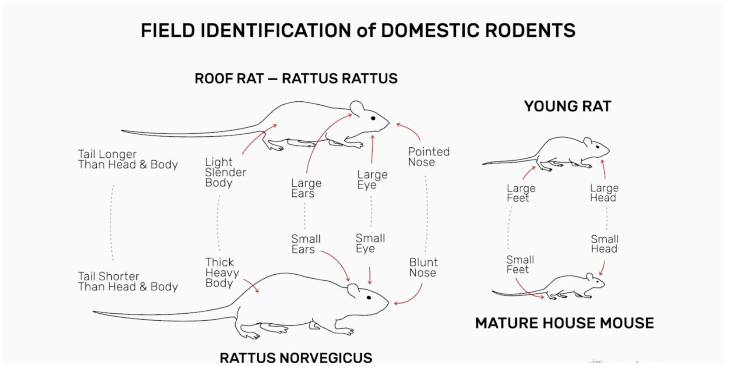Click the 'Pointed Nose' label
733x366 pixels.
pos(429,157)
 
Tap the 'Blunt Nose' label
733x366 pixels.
pos(423,268)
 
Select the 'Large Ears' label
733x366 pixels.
pos(306,188)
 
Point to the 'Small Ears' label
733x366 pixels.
pos(306,244)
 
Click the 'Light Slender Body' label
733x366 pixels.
pos(225,172)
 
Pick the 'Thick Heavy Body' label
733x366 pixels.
pos(222,272)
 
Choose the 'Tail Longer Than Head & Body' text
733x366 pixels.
pos(127,159)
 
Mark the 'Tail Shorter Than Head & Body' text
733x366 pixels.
pos(127,281)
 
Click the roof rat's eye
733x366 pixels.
pos(373,118)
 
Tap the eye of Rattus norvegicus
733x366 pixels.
pos(369,298)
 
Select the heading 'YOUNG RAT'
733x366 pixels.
pos(567,107)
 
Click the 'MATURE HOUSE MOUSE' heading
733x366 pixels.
pos(564,323)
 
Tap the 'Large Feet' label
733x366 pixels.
pos(521,193)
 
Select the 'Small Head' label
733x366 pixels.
pos(604,244)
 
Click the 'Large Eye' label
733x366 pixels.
pos(372,180)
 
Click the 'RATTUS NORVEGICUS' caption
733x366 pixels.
pos(296,358)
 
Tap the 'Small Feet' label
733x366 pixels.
pos(520,265)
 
